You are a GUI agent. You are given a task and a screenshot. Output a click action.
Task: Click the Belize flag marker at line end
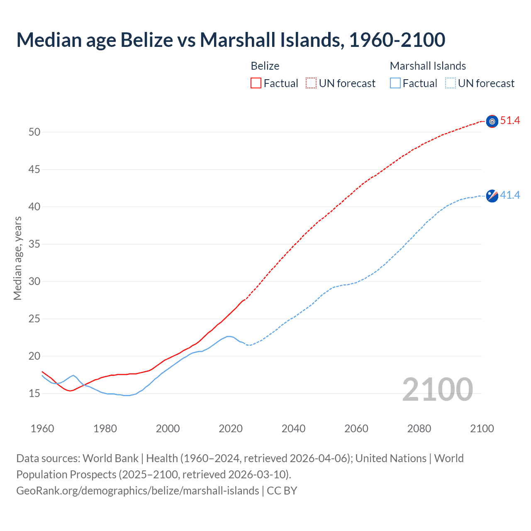pos(492,121)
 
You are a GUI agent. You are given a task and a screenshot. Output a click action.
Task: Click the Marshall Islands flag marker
pos(492,196)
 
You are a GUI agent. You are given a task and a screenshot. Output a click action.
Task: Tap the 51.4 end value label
pos(510,121)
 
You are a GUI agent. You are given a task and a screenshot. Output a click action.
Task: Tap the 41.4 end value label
pos(510,195)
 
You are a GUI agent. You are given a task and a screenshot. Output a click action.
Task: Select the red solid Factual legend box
pos(256,83)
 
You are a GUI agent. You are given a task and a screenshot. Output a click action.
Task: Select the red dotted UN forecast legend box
pos(311,83)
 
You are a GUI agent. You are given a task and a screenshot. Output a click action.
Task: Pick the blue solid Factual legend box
pos(395,83)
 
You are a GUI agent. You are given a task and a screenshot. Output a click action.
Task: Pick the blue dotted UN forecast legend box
pos(450,83)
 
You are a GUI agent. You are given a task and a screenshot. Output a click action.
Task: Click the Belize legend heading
pos(265,66)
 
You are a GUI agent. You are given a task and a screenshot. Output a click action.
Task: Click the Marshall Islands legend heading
pos(428,66)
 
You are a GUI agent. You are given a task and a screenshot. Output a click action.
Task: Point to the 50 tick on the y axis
pos(34,132)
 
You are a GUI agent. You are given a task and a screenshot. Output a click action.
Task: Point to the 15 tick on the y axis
pos(34,393)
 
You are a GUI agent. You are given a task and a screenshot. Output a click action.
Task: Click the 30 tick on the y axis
pos(34,281)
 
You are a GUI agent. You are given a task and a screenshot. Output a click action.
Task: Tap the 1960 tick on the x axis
pos(42,429)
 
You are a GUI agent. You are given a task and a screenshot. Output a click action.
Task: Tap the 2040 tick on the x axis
pos(293,429)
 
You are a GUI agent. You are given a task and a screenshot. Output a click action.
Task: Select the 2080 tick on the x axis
pos(419,429)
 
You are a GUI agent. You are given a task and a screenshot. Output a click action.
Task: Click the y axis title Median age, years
pos(17,258)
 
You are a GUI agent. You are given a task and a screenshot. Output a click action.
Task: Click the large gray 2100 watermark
pos(437,390)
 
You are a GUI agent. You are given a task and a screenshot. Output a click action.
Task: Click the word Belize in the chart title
pos(146,40)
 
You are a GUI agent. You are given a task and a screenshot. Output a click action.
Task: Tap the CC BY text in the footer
pos(282,491)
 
